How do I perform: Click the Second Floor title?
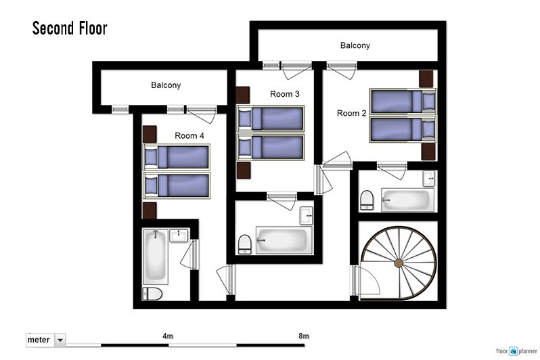point(70,28)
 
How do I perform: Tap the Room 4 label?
point(189,136)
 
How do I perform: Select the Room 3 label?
point(284,94)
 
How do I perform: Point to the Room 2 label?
point(351,113)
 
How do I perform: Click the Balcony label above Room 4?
point(166,85)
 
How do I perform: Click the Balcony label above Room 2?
point(355,45)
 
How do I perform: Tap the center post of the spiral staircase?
point(399,263)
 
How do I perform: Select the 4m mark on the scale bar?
point(168,336)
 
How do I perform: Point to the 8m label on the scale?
point(304,336)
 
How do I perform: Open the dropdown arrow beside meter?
point(60,340)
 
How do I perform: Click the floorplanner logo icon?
point(514,351)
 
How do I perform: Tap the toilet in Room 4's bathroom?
point(152,294)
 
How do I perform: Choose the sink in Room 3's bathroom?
point(306,215)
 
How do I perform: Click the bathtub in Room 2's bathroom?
point(407,200)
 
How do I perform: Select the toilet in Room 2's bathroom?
point(367,200)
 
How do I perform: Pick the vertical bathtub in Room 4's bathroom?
point(156,256)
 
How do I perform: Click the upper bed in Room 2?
point(403,102)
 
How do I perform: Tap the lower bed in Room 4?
point(177,185)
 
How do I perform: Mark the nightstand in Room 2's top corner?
point(426,79)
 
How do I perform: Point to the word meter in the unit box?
point(39,340)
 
